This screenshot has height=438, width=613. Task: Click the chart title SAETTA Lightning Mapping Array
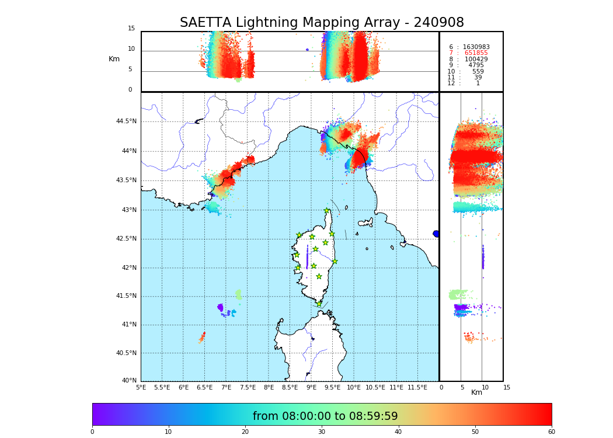[322, 23]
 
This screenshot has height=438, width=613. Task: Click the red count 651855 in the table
[476, 53]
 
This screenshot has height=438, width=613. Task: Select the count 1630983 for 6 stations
[476, 47]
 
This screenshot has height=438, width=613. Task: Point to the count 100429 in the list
[476, 60]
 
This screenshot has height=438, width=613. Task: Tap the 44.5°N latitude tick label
[126, 121]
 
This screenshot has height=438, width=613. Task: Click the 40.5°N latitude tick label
[126, 353]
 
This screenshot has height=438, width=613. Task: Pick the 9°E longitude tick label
[311, 387]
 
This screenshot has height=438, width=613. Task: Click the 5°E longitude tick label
[141, 387]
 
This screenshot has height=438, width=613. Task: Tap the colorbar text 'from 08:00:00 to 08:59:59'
[325, 416]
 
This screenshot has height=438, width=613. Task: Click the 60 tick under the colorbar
[551, 432]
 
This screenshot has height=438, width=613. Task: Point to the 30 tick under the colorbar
[322, 432]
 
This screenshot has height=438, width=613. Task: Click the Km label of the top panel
[114, 59]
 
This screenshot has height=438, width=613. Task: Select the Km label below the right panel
[476, 392]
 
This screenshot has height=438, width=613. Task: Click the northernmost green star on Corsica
[327, 210]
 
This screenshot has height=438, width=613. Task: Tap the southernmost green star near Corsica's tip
[319, 304]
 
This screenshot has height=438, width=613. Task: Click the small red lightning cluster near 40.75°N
[202, 337]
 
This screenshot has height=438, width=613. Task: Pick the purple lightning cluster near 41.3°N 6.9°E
[220, 307]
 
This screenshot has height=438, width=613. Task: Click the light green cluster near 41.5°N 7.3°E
[238, 294]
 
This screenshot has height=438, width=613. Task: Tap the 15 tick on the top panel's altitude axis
[131, 29]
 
